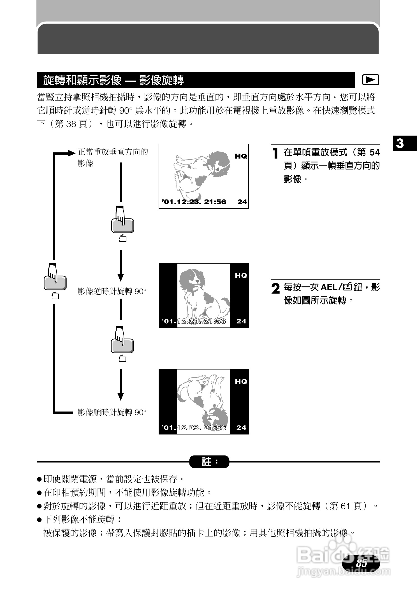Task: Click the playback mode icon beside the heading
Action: click(370, 80)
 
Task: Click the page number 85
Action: click(361, 563)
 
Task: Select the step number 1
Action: click(276, 153)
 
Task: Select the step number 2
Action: click(276, 289)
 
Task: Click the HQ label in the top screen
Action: click(241, 156)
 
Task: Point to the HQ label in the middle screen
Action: click(241, 276)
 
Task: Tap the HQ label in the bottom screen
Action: click(241, 382)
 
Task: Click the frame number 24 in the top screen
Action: click(242, 202)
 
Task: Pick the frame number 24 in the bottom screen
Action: click(241, 428)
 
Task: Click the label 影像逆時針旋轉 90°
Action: click(112, 292)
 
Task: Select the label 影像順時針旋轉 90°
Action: click(112, 412)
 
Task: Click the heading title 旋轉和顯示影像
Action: click(82, 80)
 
